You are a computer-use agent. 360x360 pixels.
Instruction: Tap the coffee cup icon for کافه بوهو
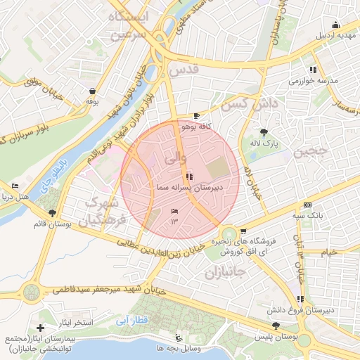pyautogui.click(x=196, y=116)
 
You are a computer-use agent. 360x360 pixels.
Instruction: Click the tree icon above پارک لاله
pyautogui.click(x=264, y=132)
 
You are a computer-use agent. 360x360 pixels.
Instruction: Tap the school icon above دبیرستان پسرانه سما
pyautogui.click(x=188, y=176)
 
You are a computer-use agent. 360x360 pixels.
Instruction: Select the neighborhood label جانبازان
pyautogui.click(x=227, y=271)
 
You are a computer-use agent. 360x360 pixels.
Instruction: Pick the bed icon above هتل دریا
pyautogui.click(x=15, y=186)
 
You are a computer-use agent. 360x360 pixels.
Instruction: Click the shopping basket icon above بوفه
pyautogui.click(x=92, y=91)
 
